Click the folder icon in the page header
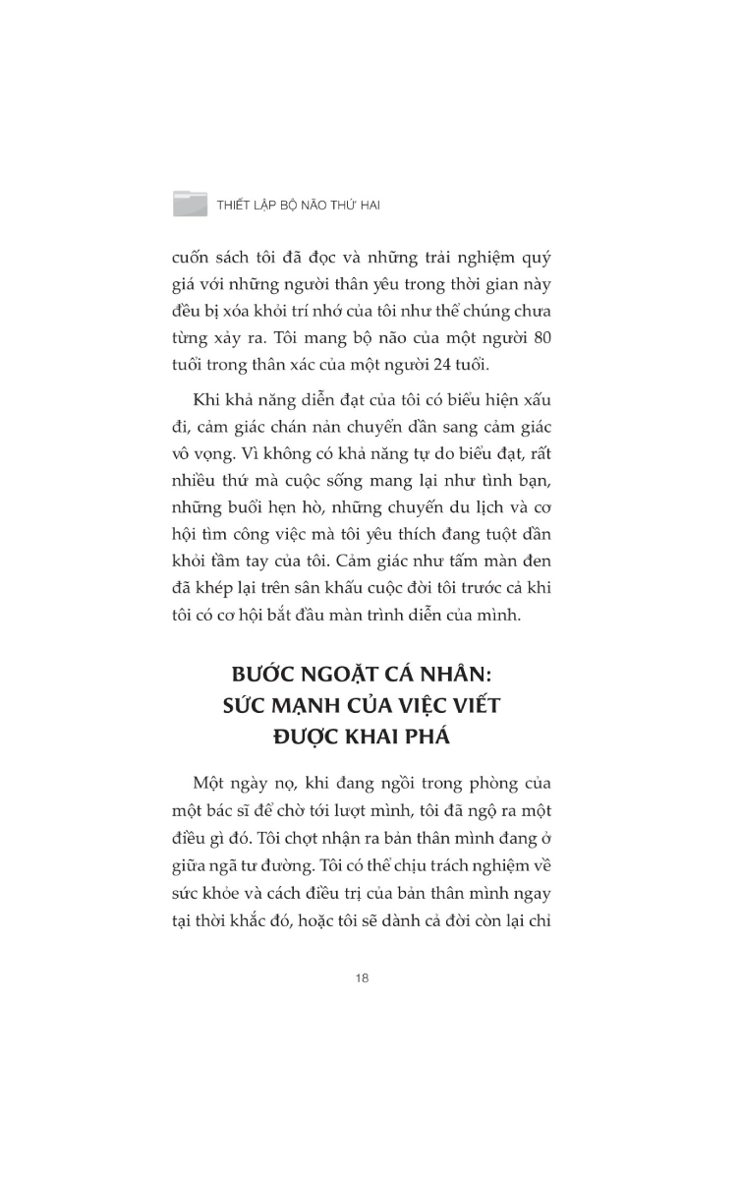tap(190, 204)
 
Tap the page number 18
tap(362, 979)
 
